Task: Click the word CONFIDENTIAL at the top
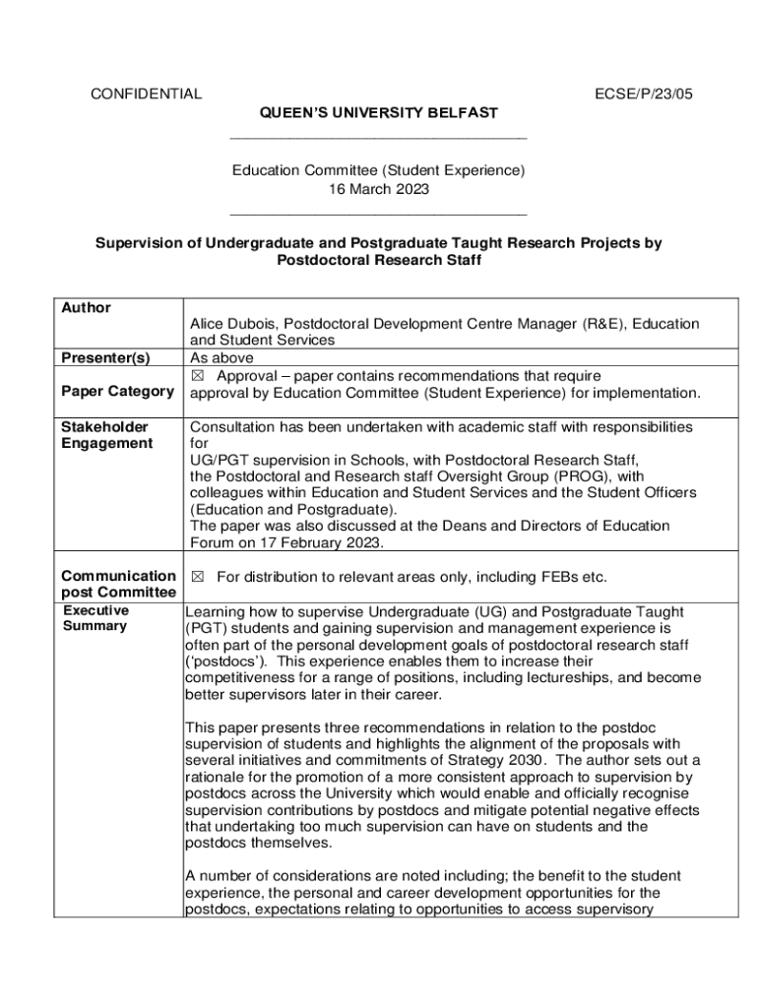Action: click(146, 94)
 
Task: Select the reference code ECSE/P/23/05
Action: click(644, 94)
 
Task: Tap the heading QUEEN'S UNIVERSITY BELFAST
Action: click(378, 113)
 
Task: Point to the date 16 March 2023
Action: click(378, 189)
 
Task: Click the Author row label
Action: click(86, 308)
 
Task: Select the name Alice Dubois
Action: click(235, 324)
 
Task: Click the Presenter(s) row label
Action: click(105, 357)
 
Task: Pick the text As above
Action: click(221, 357)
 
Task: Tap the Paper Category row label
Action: click(116, 392)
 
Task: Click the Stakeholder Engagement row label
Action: click(106, 435)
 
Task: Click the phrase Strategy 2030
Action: click(495, 760)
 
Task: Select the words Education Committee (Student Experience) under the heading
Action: click(378, 170)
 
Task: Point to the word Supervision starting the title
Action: click(138, 242)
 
